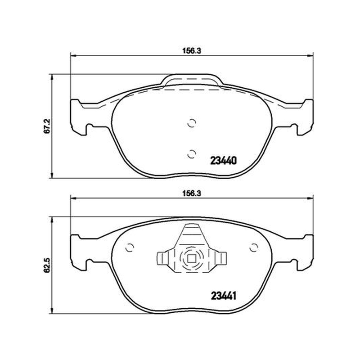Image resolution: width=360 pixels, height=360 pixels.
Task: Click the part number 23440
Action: (x=223, y=161)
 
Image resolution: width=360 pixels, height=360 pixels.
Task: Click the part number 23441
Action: (x=223, y=296)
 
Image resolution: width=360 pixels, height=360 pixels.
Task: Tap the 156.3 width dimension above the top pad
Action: (x=192, y=51)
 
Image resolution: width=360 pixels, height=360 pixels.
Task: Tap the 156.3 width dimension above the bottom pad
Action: (x=192, y=193)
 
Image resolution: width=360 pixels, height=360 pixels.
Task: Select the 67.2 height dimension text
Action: (x=47, y=126)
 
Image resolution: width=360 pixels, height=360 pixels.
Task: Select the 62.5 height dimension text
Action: (x=47, y=265)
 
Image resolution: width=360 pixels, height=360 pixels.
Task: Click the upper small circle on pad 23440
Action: (x=192, y=123)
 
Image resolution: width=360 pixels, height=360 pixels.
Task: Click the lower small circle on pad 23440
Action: (x=192, y=154)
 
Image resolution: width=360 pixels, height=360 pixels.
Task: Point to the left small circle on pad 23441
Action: (x=130, y=247)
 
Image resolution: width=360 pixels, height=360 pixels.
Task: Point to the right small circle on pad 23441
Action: (x=254, y=247)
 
